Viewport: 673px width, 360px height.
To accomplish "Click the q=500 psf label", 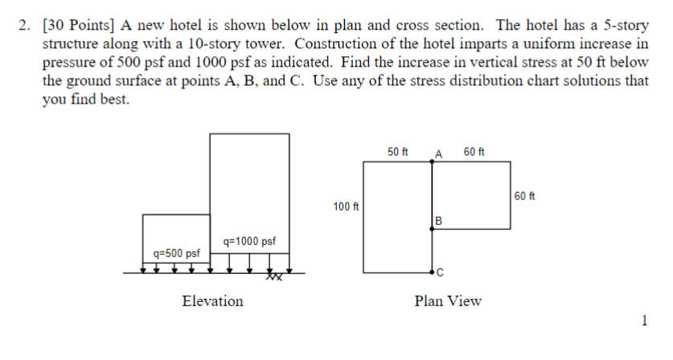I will coord(176,253).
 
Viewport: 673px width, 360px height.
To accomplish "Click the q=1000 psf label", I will coord(250,240).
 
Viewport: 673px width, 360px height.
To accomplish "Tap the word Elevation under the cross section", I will coord(212,301).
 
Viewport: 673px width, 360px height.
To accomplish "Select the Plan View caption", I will coord(448,301).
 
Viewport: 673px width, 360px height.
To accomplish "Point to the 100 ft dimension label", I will coord(346,207).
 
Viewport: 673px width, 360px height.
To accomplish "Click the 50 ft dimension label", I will coord(398,152).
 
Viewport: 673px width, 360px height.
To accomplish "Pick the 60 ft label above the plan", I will coord(474,152).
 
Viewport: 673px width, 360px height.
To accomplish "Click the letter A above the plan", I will coord(438,153).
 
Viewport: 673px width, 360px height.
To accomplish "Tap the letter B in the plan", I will coord(438,220).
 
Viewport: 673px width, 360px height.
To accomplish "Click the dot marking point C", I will coord(433,272).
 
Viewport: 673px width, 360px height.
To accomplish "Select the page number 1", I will coord(644,321).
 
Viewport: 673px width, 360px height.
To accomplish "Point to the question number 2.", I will coord(24,25).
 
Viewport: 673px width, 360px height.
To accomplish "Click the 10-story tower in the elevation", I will coord(249,185).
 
